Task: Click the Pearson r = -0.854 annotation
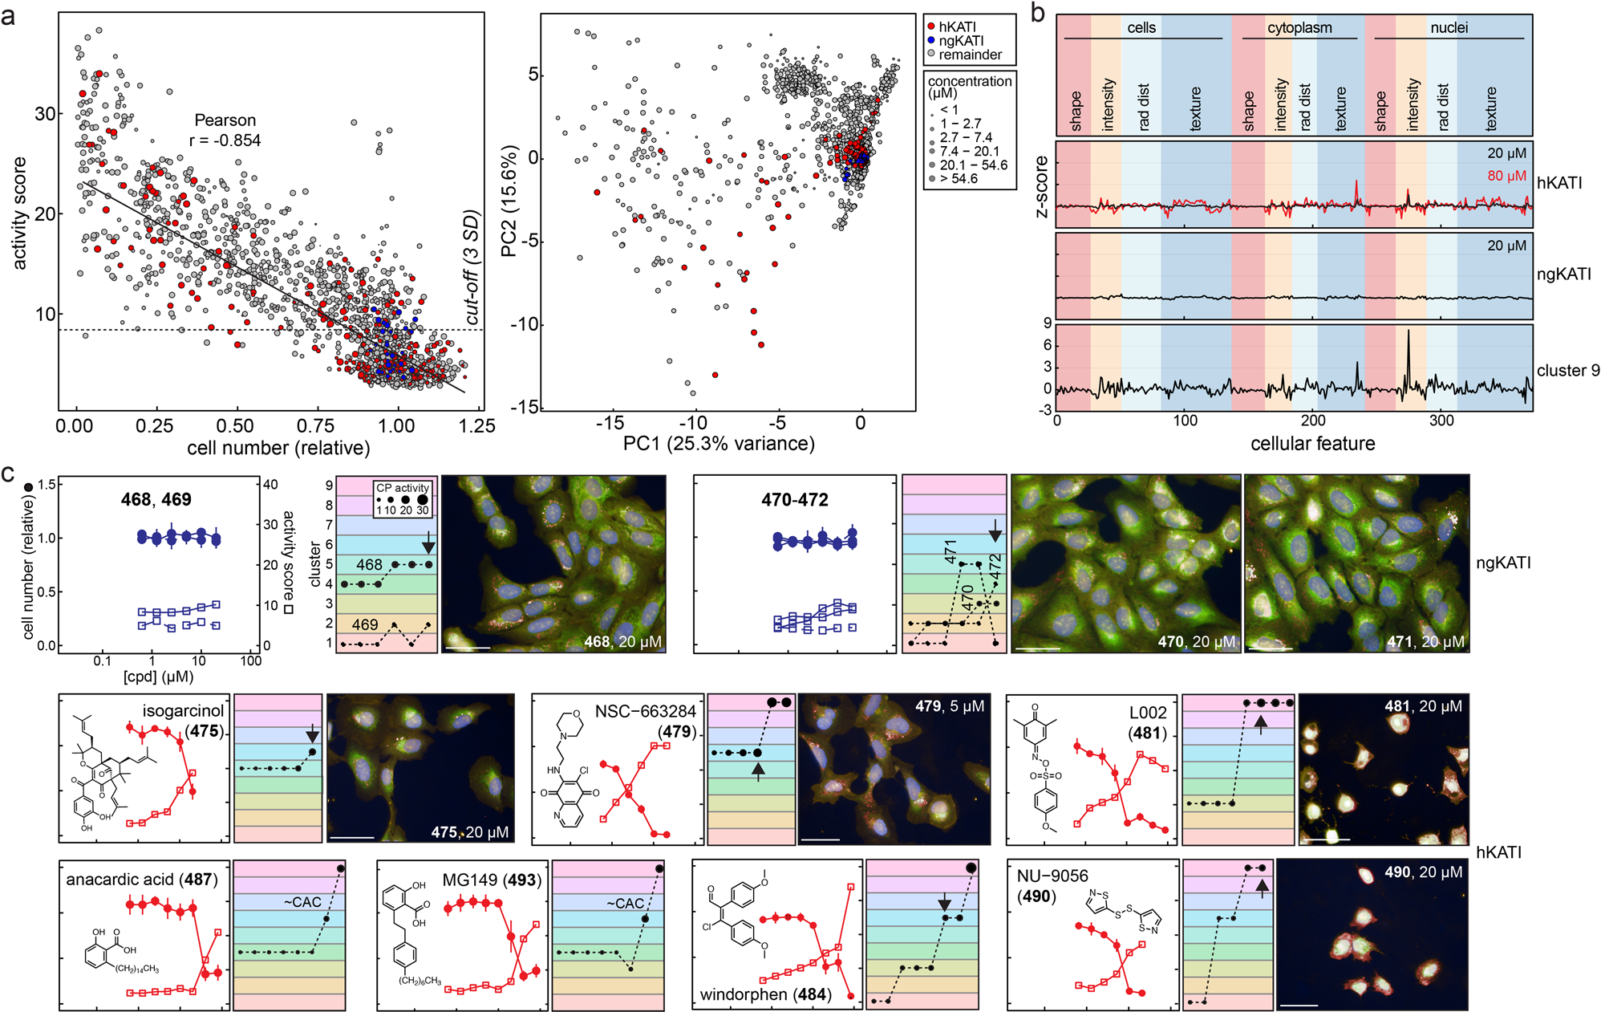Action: (x=225, y=130)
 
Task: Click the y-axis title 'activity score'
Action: (x=20, y=213)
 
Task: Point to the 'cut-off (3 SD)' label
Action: (x=472, y=268)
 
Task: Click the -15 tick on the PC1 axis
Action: (x=610, y=423)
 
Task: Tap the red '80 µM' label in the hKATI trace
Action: (x=1506, y=176)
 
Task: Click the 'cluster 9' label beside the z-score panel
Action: (x=1567, y=371)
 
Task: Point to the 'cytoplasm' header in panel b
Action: (x=1299, y=28)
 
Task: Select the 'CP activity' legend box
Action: (x=403, y=499)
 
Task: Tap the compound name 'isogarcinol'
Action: (x=183, y=711)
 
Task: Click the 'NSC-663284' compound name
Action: (x=645, y=712)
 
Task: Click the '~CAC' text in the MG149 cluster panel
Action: (x=625, y=903)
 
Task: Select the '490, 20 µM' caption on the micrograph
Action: (x=1423, y=872)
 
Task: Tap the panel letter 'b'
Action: (x=1037, y=14)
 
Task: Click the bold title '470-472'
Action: (x=794, y=500)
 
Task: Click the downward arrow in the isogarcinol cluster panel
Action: (x=313, y=734)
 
